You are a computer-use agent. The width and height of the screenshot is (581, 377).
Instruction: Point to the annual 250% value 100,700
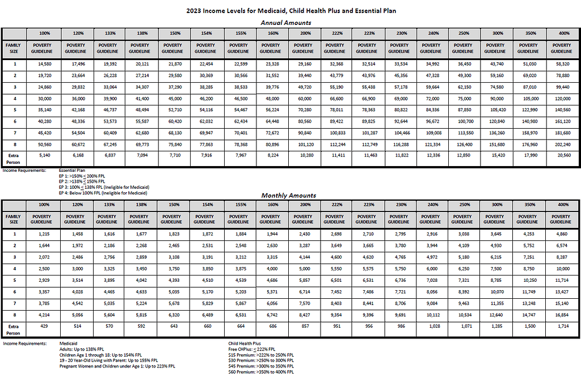click(x=463, y=121)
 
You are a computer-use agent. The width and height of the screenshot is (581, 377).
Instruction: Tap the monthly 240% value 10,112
click(x=431, y=314)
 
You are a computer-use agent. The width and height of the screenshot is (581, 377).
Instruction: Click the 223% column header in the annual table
click(x=367, y=33)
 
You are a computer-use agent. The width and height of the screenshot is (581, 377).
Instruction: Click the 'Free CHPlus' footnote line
click(x=252, y=349)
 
